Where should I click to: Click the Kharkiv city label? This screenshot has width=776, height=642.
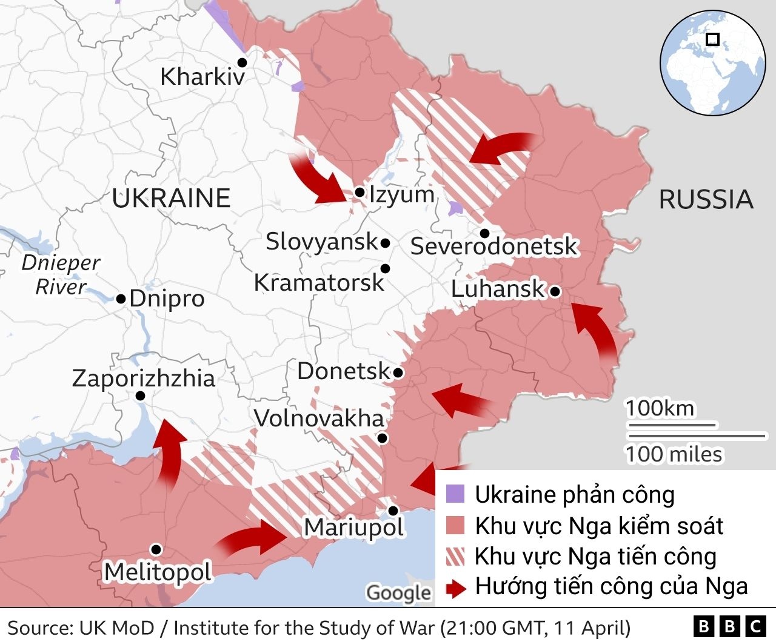pos(202,77)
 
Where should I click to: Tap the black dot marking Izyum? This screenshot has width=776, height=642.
pos(360,193)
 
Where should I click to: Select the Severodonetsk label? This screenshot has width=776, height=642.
pos(494,247)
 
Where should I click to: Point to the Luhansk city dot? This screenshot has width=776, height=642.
pos(555,292)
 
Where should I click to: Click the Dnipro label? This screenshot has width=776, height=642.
pos(167,299)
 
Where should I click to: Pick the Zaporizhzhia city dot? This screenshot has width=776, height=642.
pos(140,396)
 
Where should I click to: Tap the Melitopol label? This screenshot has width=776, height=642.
pos(158,572)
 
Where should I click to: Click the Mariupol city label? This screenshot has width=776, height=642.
pos(354,528)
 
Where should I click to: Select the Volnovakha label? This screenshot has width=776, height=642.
pos(319,419)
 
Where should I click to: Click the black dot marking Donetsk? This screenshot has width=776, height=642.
pos(398,372)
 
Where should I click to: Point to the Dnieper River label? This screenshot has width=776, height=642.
pos(61,275)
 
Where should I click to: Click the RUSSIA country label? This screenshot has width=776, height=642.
pos(706,200)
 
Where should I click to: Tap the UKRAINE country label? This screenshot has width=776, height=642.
pos(171,199)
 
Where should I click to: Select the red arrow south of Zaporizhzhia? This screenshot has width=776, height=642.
pos(168,452)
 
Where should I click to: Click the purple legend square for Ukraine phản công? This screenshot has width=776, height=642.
pos(455,494)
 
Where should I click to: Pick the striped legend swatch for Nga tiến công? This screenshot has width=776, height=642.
pos(455,556)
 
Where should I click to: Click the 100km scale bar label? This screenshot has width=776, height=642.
pos(660,409)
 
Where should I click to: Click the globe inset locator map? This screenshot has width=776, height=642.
pos(712,63)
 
